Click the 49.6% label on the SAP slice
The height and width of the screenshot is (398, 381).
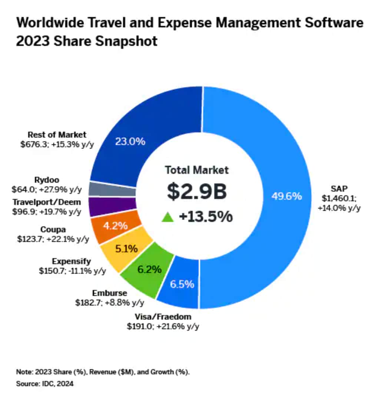[286, 196]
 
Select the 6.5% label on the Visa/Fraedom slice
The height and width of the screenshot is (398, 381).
[182, 284]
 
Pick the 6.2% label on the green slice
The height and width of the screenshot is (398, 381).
[149, 269]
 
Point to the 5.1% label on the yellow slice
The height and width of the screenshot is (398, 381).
[126, 248]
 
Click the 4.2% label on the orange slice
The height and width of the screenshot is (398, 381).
[115, 226]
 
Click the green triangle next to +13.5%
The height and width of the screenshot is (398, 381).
[168, 217]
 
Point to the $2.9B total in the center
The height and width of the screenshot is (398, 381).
[196, 192]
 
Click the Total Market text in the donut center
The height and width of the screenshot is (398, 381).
[197, 170]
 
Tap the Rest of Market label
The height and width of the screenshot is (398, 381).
[57, 135]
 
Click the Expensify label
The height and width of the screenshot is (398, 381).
[72, 261]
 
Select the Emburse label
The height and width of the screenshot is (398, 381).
[110, 293]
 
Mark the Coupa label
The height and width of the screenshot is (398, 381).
[53, 230]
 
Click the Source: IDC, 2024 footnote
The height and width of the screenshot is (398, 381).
[45, 384]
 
